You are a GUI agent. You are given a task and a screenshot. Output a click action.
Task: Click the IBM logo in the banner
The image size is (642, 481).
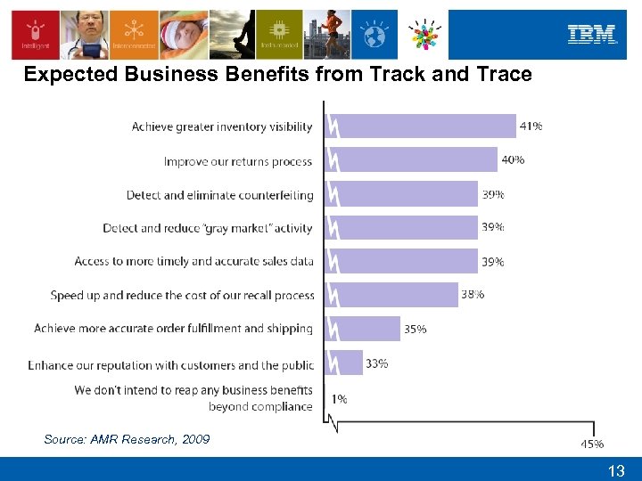pos(592,35)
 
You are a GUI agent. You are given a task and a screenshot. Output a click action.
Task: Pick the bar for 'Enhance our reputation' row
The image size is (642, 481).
pos(350,363)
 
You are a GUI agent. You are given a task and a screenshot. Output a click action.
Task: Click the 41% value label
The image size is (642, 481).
pos(531,126)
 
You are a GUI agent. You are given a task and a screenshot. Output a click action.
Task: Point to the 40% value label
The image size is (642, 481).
pos(513,160)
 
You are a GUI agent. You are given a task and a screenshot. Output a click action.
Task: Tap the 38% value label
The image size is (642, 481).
pos(473,295)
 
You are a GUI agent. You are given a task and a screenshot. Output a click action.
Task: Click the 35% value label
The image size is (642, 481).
pos(416,329)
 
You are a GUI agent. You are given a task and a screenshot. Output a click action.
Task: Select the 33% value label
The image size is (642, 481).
pos(376,363)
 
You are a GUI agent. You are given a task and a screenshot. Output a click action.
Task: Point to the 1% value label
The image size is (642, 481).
pos(340,399)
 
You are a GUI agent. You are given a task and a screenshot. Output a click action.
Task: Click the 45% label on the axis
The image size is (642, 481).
pos(592,444)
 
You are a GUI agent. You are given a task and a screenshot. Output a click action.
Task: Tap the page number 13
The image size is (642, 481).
pos(616,470)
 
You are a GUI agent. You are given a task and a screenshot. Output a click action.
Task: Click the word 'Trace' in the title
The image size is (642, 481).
pos(504,74)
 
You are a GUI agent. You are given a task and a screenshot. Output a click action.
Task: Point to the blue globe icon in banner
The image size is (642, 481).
pos(374,35)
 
